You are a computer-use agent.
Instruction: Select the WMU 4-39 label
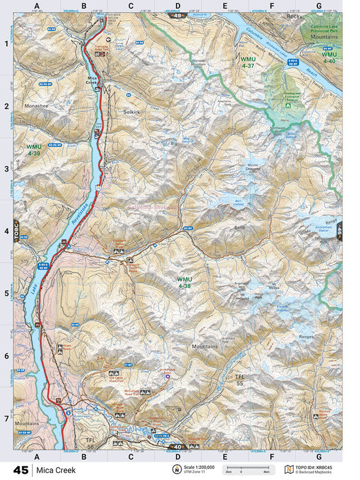[x=33, y=150]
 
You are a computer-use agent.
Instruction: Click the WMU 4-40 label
[x=329, y=57]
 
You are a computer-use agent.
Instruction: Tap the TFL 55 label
[x=240, y=380]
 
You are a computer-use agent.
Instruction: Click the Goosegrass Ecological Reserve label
[x=287, y=99]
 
